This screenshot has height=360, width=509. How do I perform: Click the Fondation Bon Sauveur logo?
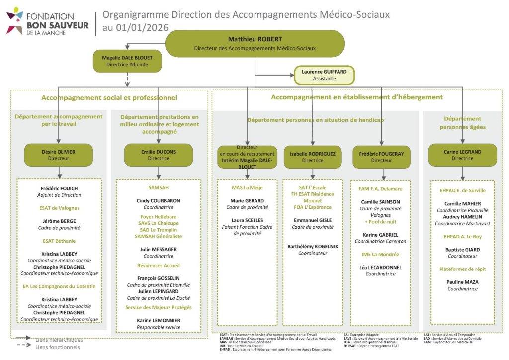47,21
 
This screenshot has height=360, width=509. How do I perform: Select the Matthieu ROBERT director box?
254,43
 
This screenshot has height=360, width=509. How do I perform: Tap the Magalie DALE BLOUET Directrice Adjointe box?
127,61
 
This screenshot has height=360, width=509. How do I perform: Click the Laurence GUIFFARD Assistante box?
324,75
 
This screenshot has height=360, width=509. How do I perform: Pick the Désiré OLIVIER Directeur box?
59,155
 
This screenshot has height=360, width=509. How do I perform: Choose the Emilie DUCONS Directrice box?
159,155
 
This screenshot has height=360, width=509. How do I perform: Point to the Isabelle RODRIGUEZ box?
312,157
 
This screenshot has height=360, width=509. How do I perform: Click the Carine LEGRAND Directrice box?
462,155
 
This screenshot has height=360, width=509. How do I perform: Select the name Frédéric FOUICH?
59,189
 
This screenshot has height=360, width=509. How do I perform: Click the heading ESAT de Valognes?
59,208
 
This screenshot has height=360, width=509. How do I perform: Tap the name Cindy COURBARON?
159,201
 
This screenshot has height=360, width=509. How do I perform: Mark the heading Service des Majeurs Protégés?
159,308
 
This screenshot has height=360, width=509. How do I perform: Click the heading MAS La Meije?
247,188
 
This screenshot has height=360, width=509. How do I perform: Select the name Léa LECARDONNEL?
380,267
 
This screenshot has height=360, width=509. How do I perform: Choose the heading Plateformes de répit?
462,269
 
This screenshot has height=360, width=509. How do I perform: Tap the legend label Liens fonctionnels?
58,347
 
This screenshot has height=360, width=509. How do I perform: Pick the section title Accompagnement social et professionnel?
108,98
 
